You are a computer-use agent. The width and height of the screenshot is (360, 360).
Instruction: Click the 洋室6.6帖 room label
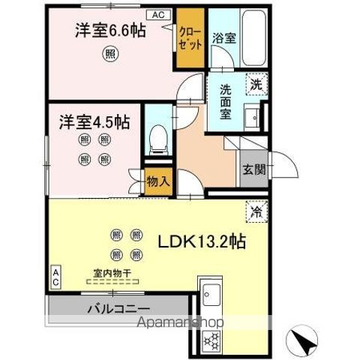[x=109, y=31]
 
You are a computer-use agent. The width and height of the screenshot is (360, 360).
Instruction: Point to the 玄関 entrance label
[x=253, y=168]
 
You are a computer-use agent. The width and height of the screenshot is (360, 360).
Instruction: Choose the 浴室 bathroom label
[x=224, y=37]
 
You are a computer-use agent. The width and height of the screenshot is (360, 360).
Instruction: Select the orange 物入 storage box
[x=157, y=181]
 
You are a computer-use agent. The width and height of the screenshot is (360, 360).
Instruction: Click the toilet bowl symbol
[x=157, y=137]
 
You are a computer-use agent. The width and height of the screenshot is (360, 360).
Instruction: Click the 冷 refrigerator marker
[x=256, y=212]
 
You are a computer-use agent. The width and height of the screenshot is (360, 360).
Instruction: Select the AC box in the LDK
[x=55, y=275]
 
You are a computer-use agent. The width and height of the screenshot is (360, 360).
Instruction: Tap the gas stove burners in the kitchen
[x=210, y=338]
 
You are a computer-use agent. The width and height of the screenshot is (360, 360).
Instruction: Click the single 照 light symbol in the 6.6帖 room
[x=110, y=53]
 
